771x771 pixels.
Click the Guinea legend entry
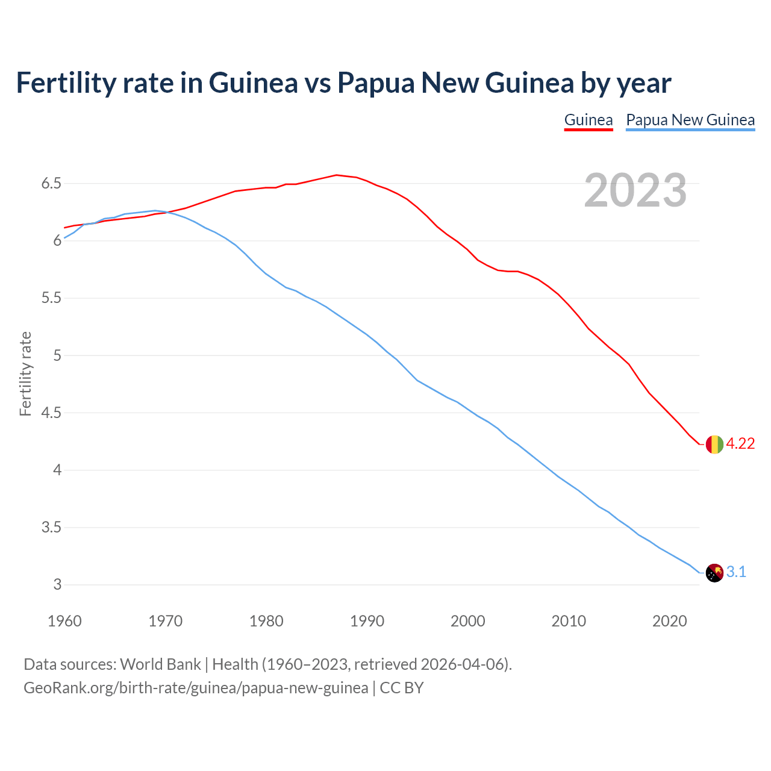(588, 120)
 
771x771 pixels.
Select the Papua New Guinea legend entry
(690, 120)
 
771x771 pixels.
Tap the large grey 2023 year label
(635, 190)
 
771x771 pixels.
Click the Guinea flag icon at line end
(714, 444)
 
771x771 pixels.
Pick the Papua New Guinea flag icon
(714, 572)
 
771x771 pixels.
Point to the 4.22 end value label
(740, 444)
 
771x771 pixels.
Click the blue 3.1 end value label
(736, 572)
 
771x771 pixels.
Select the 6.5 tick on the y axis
(51, 183)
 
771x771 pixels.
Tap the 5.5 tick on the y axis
(51, 298)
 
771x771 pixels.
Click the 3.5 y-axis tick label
(51, 528)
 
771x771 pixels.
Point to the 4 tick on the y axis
(58, 470)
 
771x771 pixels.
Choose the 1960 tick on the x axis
(64, 621)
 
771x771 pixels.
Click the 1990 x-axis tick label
(367, 621)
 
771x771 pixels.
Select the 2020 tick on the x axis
(669, 621)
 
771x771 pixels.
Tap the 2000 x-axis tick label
(467, 621)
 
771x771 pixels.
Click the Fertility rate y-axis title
(25, 373)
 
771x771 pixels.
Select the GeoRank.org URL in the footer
(196, 688)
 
